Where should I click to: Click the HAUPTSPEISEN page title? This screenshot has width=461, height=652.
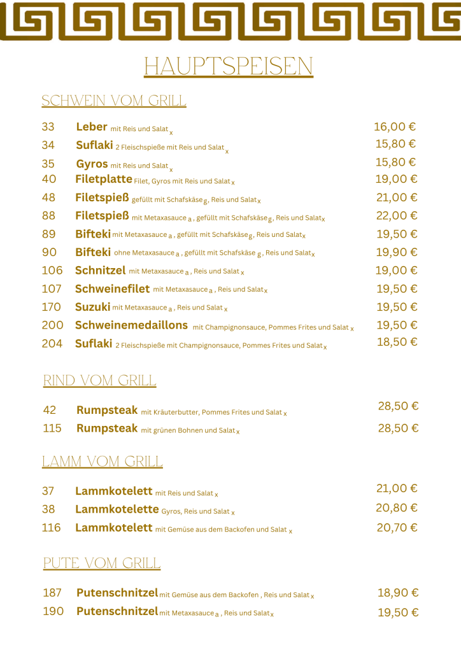228,66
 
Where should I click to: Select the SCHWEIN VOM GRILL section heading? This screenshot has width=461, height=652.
114,101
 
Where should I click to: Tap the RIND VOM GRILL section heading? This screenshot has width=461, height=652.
99,381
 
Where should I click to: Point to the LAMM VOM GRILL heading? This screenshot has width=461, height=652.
103,462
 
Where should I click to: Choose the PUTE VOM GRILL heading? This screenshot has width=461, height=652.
102,563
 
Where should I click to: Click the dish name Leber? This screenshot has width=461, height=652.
91,127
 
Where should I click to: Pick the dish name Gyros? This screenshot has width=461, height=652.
92,164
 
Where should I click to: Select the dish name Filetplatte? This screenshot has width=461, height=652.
104,179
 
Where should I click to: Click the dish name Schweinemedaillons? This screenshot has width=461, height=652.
132,325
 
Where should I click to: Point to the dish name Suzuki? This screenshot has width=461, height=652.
93,307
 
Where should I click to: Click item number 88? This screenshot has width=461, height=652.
49,216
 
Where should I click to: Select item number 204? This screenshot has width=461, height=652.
52,344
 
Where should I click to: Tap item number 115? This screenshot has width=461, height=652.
52,429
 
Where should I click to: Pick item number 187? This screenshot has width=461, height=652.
52,593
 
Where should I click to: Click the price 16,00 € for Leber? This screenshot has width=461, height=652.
395,127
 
